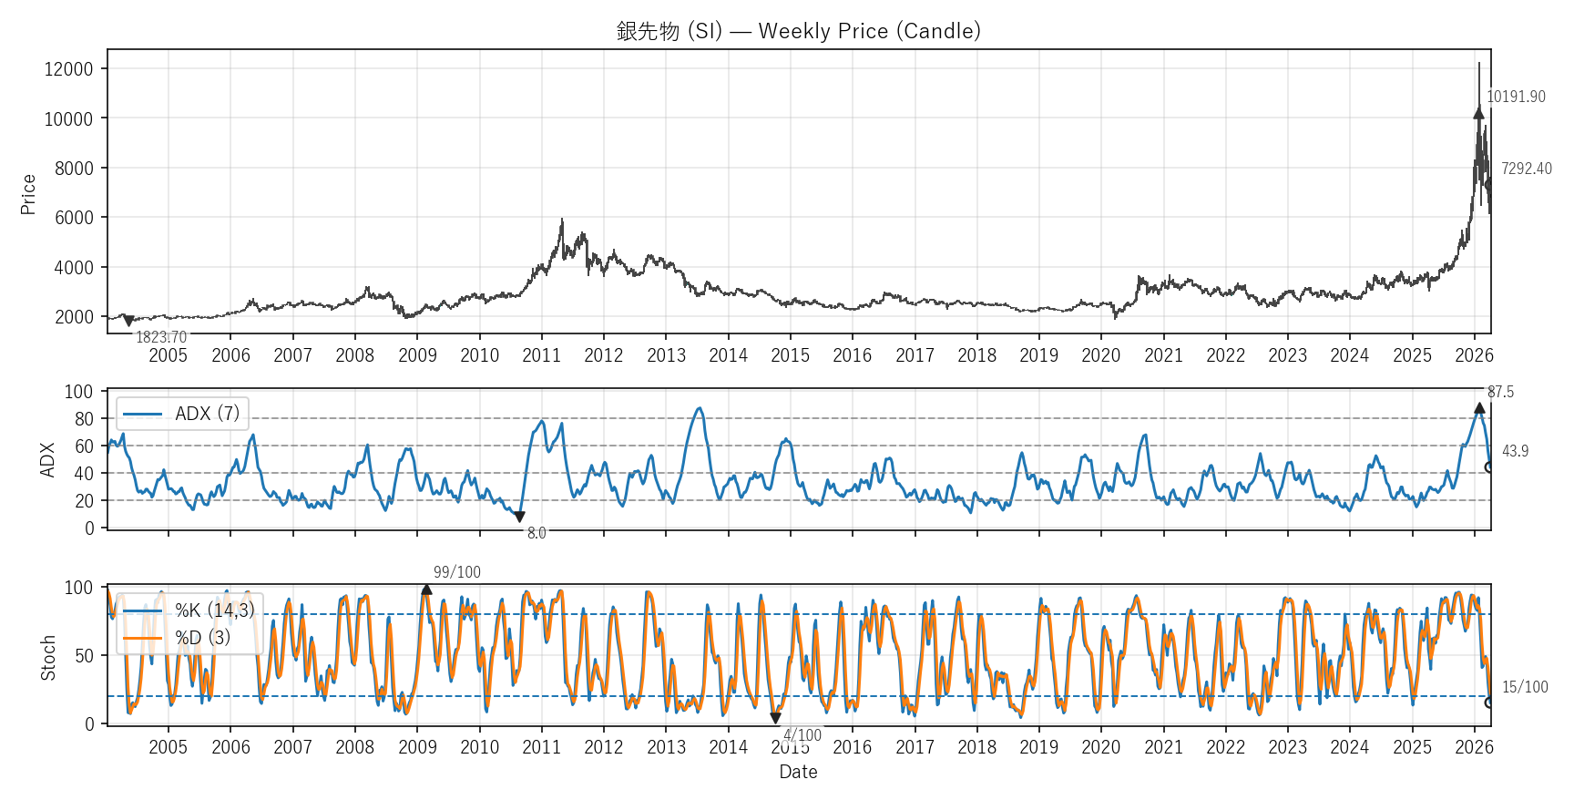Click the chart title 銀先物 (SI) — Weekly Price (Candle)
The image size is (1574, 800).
798,31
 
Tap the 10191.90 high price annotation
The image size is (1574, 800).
1516,97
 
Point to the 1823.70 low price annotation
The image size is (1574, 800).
161,337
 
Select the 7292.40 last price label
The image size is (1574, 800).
1526,169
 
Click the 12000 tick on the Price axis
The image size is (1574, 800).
69,69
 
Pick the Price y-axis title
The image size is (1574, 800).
28,194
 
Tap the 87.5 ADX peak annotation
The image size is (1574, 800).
1500,392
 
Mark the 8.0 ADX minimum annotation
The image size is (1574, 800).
537,533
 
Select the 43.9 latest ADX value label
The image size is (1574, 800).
1515,451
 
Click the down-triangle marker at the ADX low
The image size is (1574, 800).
519,517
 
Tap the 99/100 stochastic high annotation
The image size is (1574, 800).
456,572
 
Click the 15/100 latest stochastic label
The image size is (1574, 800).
1525,687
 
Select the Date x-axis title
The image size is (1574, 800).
798,772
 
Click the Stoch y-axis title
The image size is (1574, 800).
48,658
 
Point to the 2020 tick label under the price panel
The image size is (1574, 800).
1100,355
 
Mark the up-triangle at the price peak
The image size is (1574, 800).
1478,113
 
